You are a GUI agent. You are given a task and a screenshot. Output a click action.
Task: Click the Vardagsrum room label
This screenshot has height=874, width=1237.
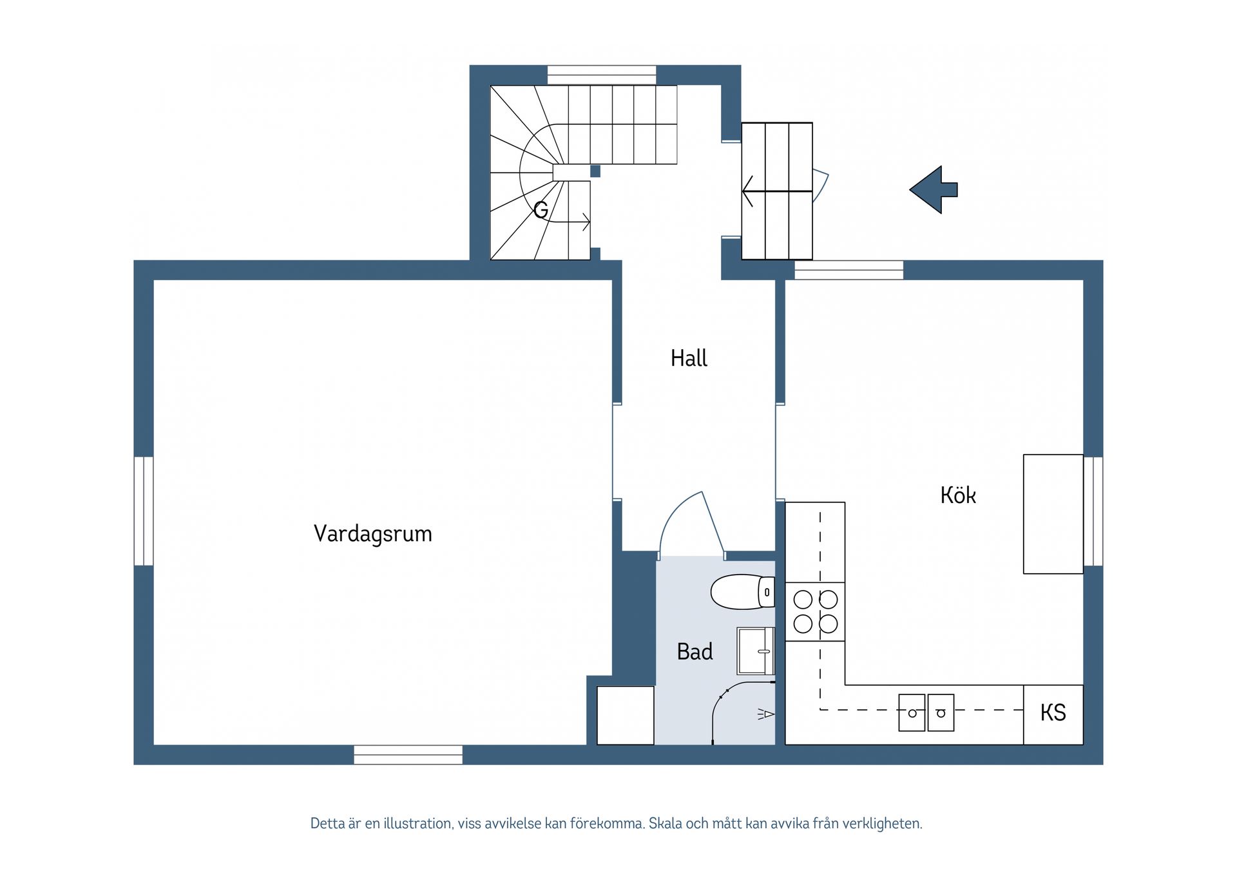tap(372, 534)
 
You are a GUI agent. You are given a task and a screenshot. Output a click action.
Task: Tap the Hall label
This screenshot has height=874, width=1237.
tap(689, 359)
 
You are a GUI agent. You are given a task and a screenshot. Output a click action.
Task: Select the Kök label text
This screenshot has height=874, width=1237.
tap(958, 495)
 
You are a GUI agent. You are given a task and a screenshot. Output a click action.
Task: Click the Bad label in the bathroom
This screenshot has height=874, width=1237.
tap(695, 652)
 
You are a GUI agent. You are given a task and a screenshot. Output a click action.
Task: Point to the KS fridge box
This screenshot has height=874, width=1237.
tap(1053, 714)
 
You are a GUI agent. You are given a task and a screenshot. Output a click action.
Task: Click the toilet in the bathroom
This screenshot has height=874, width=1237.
tap(741, 592)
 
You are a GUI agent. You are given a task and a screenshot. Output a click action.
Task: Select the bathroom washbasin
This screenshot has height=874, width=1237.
tap(755, 651)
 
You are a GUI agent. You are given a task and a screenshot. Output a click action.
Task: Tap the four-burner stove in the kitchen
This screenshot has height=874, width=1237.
tap(815, 612)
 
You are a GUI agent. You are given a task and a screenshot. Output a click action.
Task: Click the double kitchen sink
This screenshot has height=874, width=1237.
tap(926, 712)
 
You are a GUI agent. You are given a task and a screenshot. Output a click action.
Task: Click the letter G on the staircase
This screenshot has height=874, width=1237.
tap(541, 210)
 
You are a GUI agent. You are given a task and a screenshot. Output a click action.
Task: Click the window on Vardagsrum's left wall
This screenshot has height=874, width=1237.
tap(144, 511)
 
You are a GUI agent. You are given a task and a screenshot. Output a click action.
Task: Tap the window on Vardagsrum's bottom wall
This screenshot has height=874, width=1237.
tap(408, 755)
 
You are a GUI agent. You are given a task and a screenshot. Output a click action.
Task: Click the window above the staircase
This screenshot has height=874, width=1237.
tap(602, 75)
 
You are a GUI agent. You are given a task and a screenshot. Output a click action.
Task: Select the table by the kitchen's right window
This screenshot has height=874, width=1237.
tap(1053, 514)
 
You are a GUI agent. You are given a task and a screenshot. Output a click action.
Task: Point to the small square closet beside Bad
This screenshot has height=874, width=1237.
tap(625, 715)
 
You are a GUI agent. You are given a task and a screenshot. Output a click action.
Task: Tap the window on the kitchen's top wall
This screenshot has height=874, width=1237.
tap(849, 270)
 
